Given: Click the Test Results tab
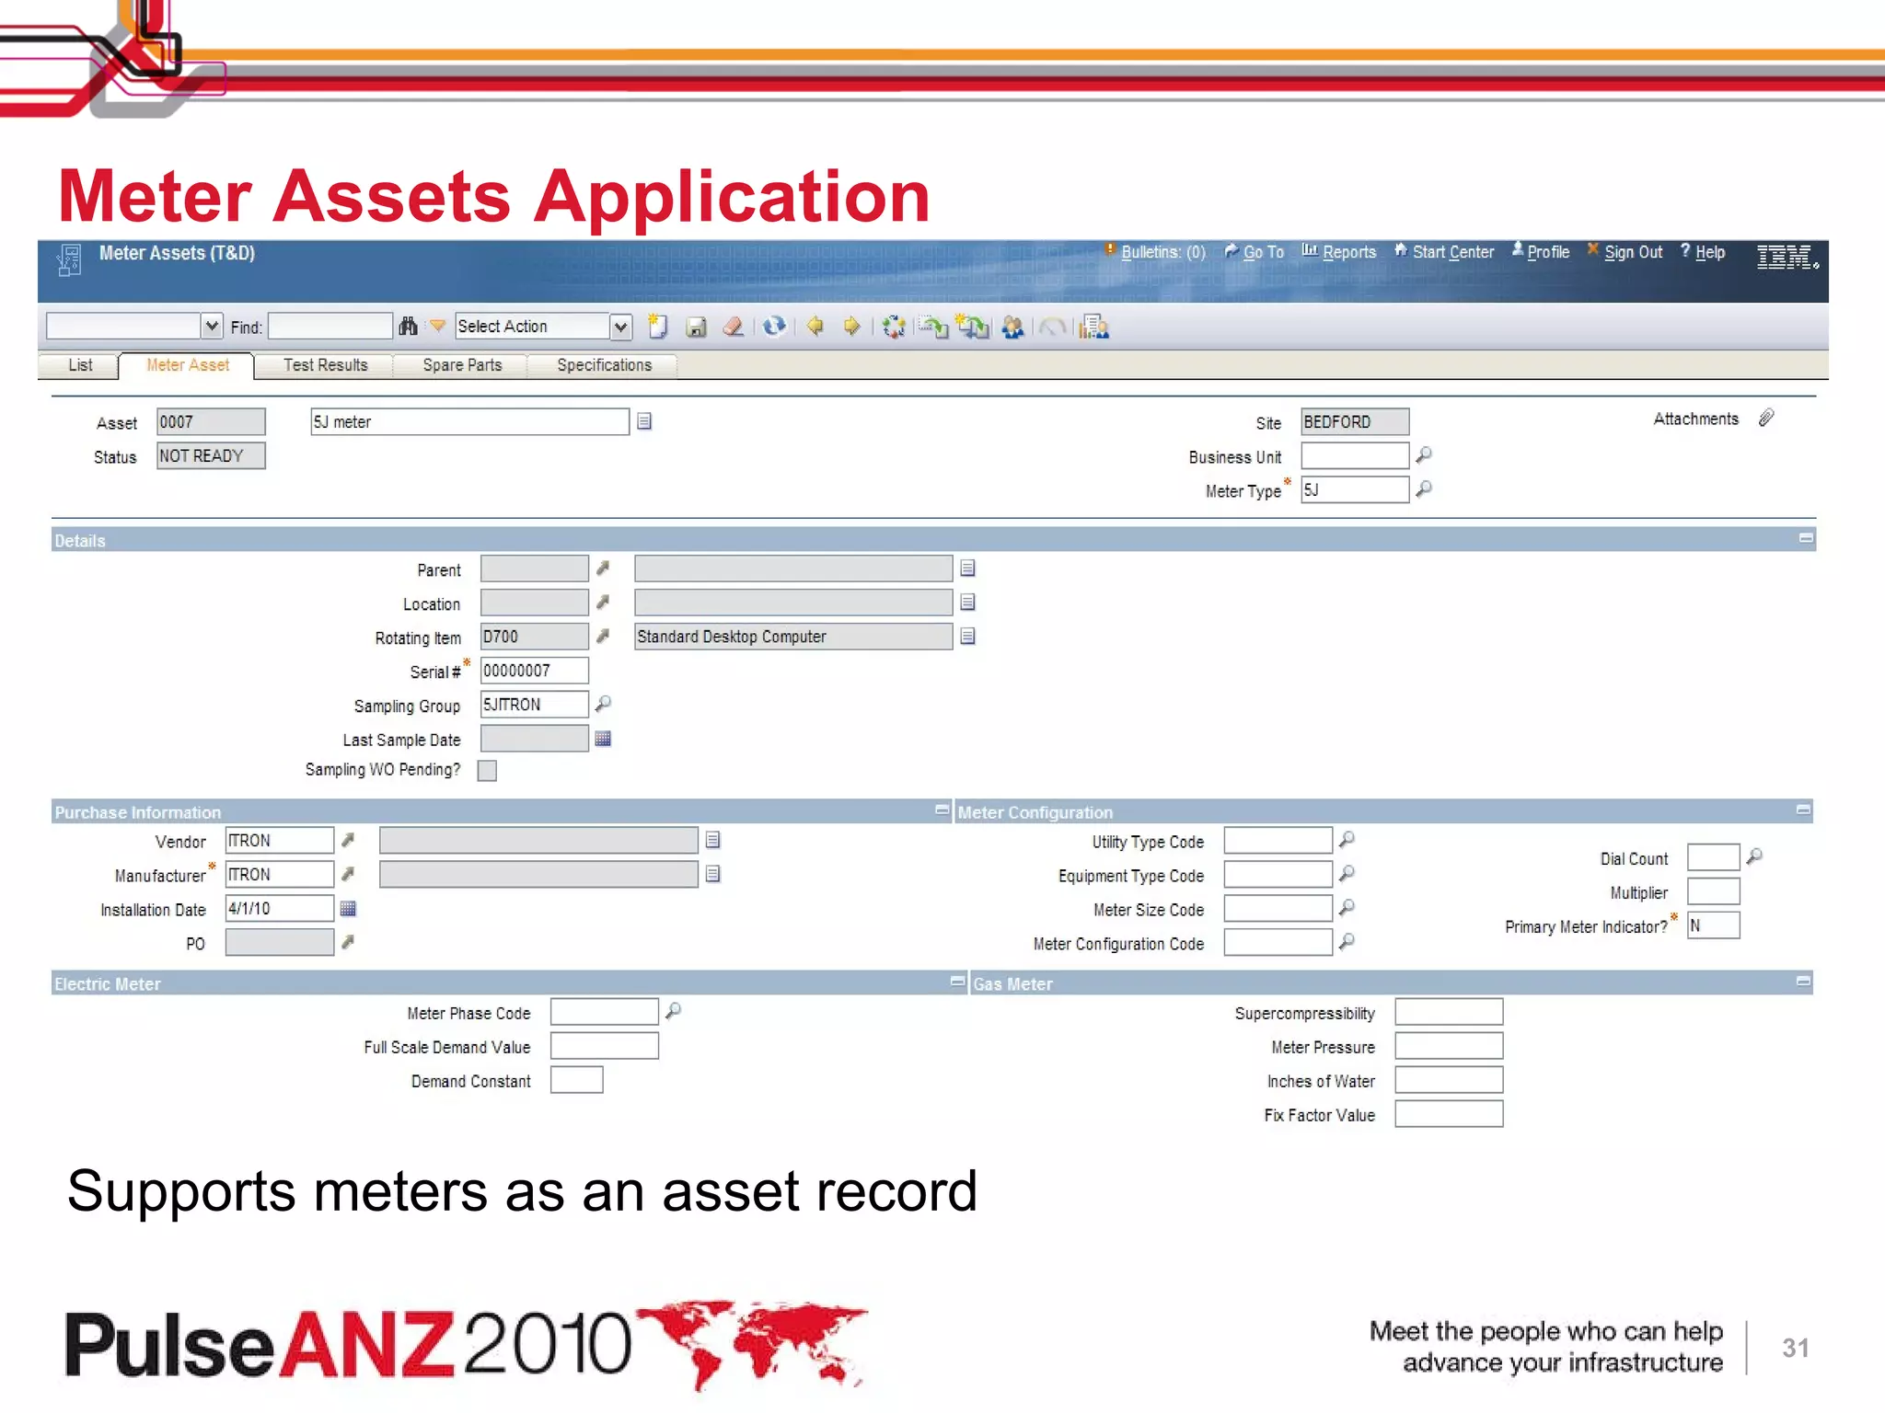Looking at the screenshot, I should [x=325, y=365].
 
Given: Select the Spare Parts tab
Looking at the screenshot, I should [x=462, y=365].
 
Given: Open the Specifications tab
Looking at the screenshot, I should [x=604, y=365].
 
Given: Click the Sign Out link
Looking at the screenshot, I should [x=1633, y=252].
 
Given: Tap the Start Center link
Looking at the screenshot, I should [x=1452, y=252].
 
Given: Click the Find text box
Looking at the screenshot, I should [x=330, y=327].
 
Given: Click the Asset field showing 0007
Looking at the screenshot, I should [x=211, y=422].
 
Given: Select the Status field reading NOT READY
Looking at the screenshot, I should [x=211, y=456].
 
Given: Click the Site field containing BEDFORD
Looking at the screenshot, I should [x=1354, y=422].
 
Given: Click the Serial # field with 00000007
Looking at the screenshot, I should [x=534, y=671].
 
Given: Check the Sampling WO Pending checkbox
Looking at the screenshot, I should [x=487, y=771].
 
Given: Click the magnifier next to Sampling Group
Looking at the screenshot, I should [x=603, y=704].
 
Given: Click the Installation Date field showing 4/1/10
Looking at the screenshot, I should [x=279, y=909].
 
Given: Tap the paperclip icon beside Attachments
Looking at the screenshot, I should [x=1766, y=419].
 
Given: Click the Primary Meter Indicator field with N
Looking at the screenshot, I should [x=1713, y=926].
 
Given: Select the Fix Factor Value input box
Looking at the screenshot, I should [x=1449, y=1115].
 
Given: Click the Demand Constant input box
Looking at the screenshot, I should [x=576, y=1081].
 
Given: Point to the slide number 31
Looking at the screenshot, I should [x=1795, y=1349].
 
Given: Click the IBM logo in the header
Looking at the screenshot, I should [x=1786, y=257].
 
